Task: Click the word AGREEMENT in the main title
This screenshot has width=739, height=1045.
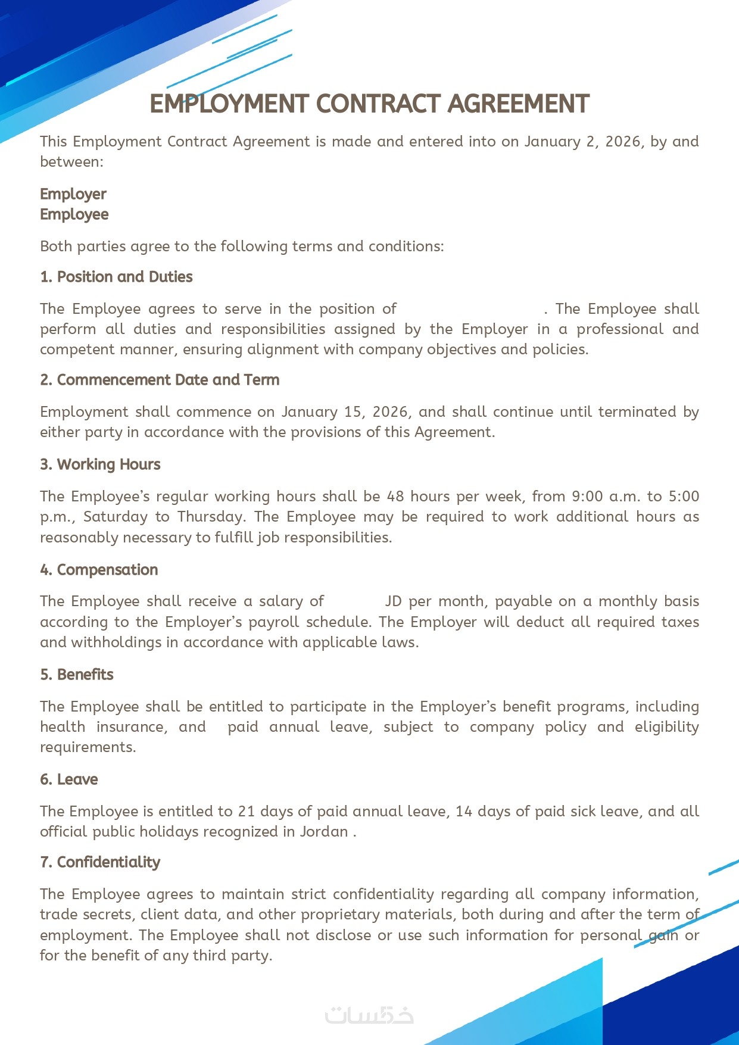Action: coord(518,104)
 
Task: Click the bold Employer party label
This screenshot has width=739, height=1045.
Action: coord(73,194)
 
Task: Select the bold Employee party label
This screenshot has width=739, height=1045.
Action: coord(74,214)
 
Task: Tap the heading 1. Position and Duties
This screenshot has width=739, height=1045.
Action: coord(116,277)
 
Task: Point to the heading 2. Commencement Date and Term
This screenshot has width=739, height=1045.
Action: coord(160,380)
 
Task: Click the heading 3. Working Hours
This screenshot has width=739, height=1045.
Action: coord(100,464)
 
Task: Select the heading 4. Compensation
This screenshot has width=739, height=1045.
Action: coord(99,570)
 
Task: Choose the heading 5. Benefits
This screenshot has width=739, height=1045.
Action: coord(76,675)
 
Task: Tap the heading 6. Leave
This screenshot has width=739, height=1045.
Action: coord(68,779)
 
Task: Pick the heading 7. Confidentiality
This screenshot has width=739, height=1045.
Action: coord(100,862)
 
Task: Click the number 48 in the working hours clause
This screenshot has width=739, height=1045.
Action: coord(395,497)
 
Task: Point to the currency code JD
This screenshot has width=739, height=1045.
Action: coord(393,601)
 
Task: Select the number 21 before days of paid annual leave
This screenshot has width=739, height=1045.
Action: coord(246,812)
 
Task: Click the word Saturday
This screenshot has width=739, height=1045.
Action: coord(115,517)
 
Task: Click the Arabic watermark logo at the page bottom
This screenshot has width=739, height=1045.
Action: coord(369,1015)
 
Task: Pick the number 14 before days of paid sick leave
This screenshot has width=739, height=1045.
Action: coord(463,812)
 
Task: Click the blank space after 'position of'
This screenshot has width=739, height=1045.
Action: coord(470,309)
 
